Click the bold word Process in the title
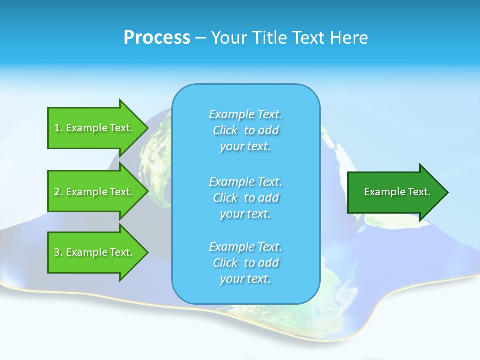[157, 38]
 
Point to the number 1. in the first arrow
[58, 128]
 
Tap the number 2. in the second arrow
[58, 192]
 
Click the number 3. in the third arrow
[58, 252]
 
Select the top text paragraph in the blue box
[245, 130]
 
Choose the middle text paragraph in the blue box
[245, 198]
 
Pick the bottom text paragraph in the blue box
[245, 263]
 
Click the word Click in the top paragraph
[225, 130]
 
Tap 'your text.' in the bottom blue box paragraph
[245, 279]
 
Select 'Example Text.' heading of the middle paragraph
[245, 182]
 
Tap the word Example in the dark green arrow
[382, 192]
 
